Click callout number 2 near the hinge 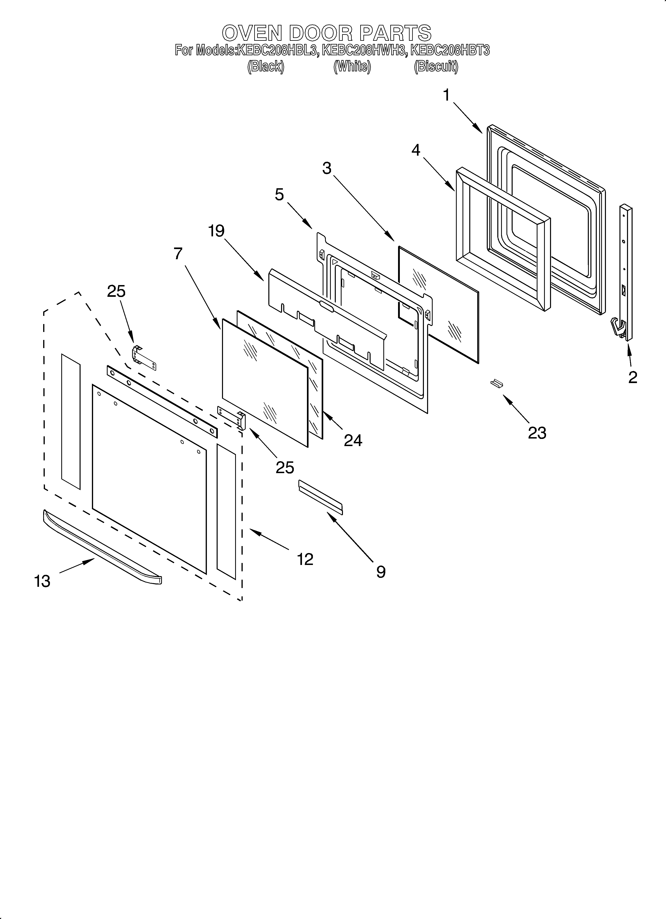632,377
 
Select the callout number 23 537,433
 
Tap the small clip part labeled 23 497,383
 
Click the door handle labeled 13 101,547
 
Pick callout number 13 42,581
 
